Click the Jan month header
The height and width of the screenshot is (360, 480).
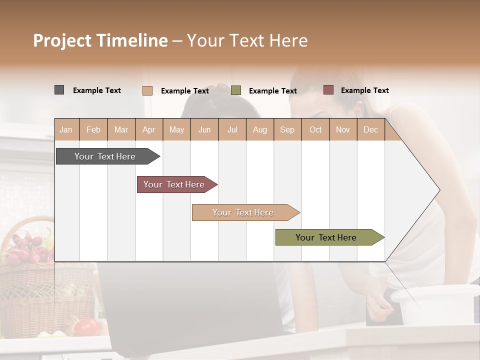tap(66, 129)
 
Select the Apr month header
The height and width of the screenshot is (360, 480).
tap(149, 129)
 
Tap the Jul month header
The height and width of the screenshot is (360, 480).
tap(232, 129)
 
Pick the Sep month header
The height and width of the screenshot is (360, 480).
tap(287, 129)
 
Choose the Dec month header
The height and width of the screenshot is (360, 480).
tap(370, 129)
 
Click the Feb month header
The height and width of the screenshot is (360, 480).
tap(93, 129)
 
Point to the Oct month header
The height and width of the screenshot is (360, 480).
tap(315, 129)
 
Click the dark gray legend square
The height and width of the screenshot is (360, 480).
tap(59, 90)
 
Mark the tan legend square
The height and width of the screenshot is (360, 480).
tap(147, 90)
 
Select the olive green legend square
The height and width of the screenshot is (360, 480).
tap(236, 90)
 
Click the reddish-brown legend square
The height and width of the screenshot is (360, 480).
tap(328, 90)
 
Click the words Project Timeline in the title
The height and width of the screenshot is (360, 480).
tap(100, 40)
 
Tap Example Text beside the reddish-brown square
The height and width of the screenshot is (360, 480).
tap(364, 90)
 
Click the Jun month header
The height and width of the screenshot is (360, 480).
tap(204, 129)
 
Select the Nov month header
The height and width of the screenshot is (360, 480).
tap(343, 129)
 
